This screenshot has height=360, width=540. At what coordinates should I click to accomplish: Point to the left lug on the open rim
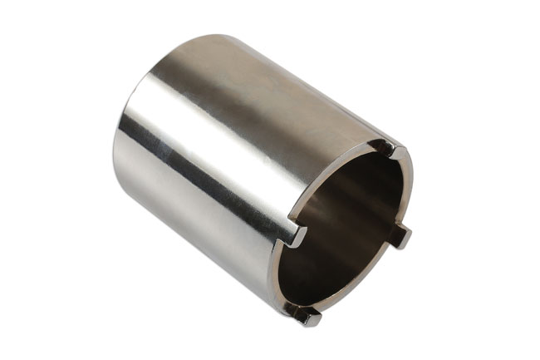click(x=292, y=235)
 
